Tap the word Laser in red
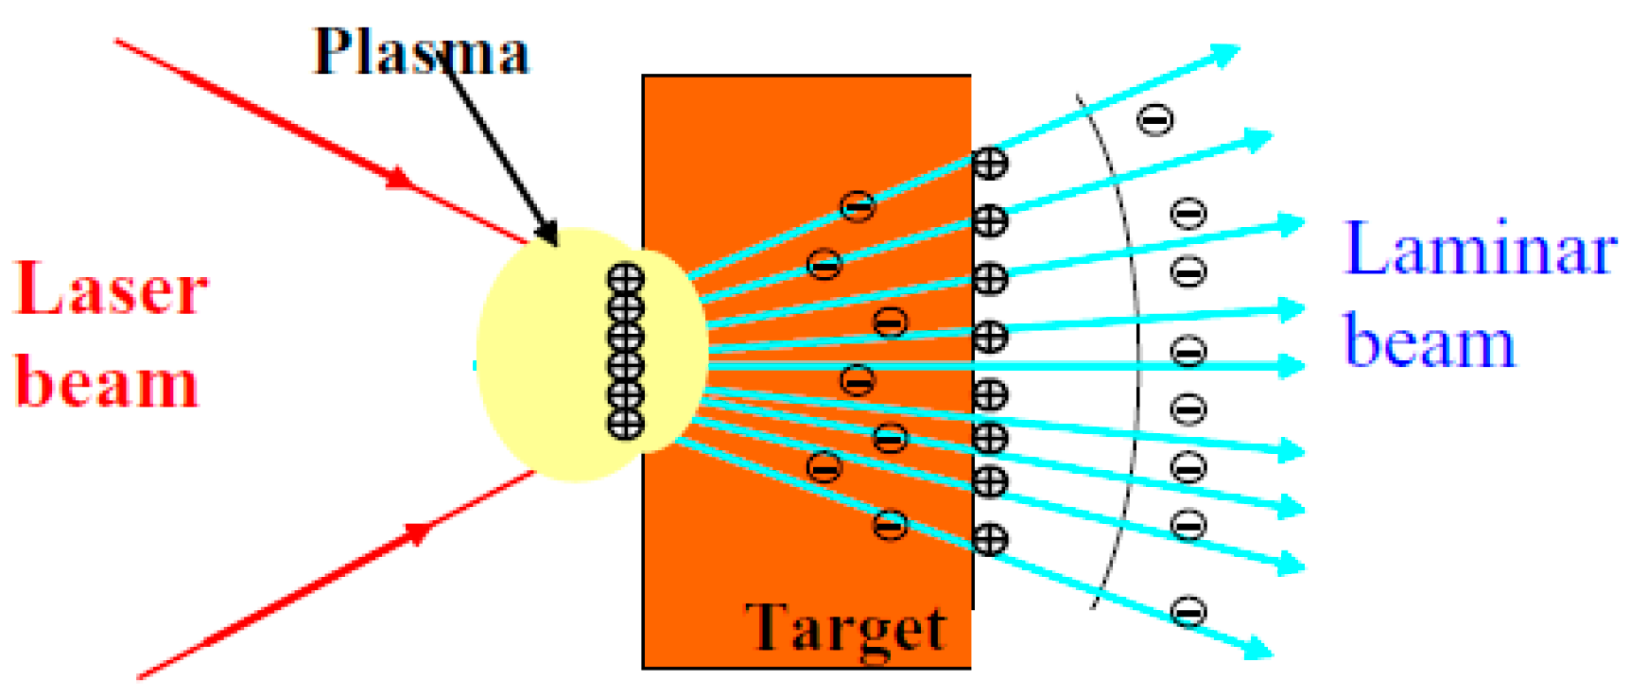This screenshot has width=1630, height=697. click(111, 288)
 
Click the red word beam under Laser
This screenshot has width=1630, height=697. click(107, 383)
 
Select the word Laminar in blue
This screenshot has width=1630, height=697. click(1480, 250)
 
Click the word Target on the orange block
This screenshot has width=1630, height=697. click(845, 627)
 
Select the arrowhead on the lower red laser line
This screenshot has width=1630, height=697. click(417, 533)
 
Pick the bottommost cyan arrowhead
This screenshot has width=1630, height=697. click(1258, 648)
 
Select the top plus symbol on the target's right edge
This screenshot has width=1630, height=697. click(990, 163)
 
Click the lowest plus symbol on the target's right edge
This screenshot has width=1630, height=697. click(990, 539)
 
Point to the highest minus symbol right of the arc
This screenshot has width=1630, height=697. click(1154, 119)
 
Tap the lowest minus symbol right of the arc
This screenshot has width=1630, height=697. click(1188, 611)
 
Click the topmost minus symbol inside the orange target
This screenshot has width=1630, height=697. click(858, 205)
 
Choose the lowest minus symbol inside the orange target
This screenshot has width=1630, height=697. click(890, 524)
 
